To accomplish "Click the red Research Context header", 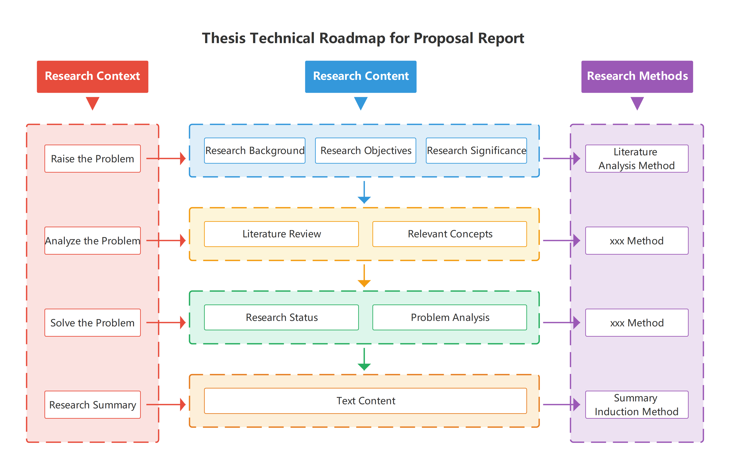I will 92,76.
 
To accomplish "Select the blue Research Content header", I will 361,76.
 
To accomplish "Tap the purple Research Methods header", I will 637,76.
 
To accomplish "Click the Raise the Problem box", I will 92,158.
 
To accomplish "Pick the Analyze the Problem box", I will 92,241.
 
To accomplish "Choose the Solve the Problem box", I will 92,322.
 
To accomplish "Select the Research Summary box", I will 92,404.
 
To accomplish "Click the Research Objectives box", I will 365,150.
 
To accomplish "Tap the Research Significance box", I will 476,150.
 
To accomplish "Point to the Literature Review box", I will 281,234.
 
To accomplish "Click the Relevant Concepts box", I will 450,234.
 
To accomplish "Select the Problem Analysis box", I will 450,317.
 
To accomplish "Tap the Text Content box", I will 365,401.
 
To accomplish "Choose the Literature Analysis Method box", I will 637,158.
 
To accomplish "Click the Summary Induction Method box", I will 637,404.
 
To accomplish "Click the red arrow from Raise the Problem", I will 166,158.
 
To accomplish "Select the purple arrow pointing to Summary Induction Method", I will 561,404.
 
